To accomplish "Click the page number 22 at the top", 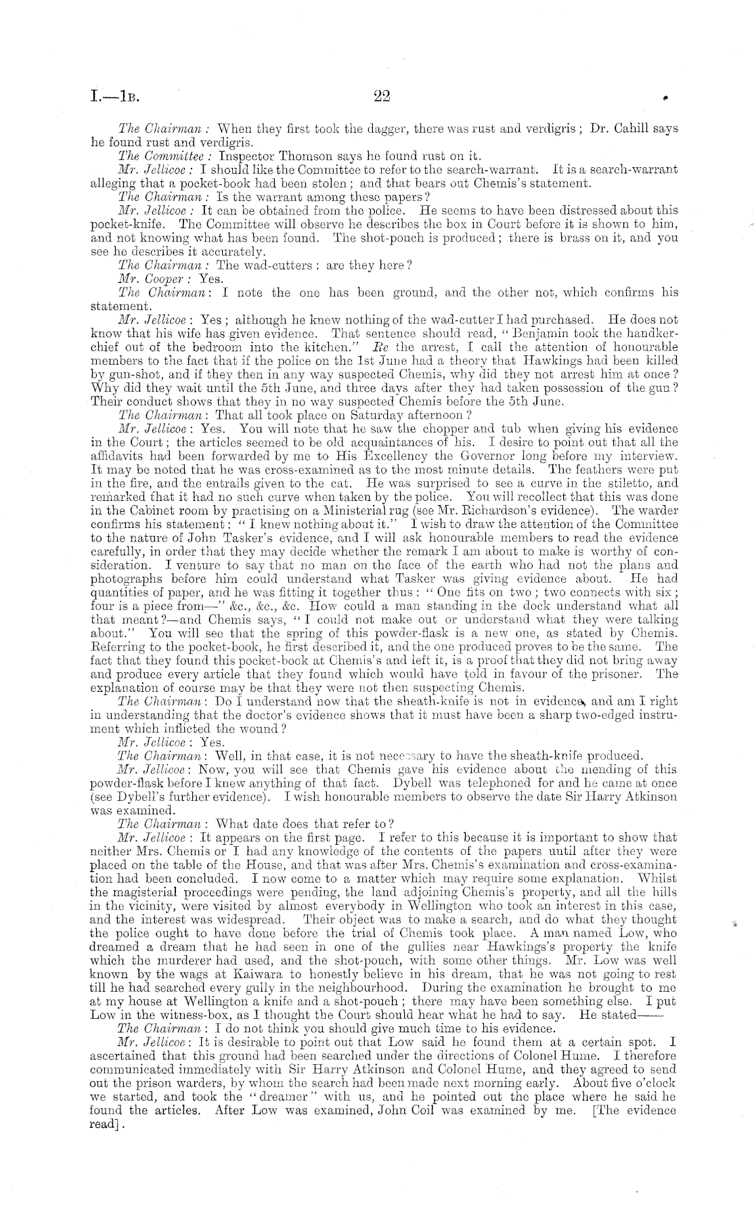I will [x=382, y=97].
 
